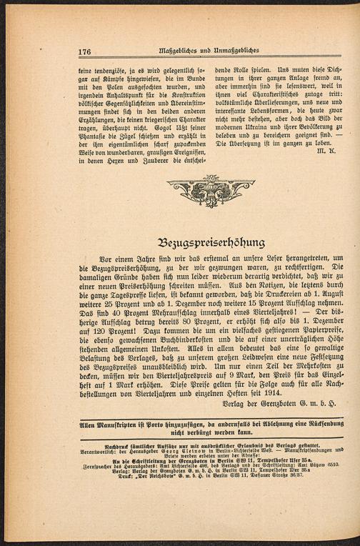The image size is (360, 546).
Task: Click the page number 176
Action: (x=85, y=51)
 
